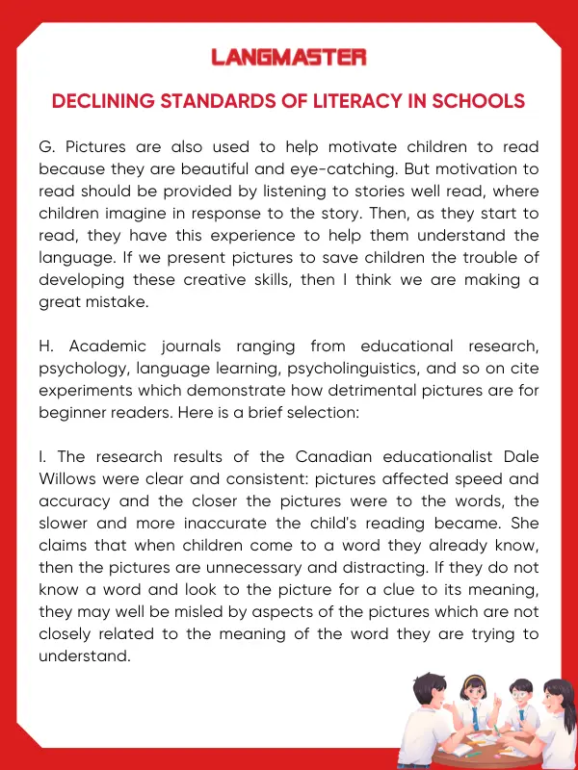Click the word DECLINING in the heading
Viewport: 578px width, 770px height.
[x=100, y=101]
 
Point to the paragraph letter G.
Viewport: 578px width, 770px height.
[x=44, y=146]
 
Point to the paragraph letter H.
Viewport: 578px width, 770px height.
[x=45, y=346]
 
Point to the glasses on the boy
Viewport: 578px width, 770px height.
[x=521, y=693]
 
